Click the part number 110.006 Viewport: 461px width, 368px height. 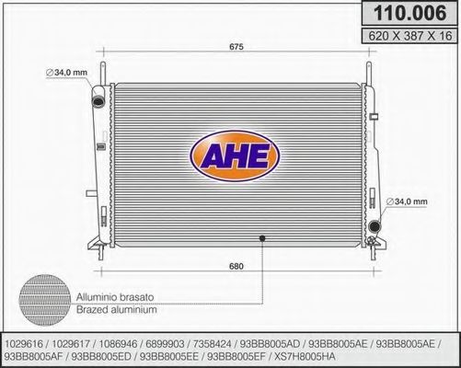coord(409,13)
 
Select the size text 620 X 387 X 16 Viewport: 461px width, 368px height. coord(410,36)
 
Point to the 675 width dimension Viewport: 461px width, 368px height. coord(236,47)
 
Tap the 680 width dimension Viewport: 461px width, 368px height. coord(236,266)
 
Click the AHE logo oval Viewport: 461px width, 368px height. coord(235,156)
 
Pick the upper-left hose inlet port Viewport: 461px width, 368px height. coord(98,101)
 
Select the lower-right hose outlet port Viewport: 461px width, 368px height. coord(375,226)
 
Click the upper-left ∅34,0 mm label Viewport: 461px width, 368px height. coord(66,73)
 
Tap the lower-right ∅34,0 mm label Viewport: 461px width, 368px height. coord(407,201)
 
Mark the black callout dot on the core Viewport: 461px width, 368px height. coord(262,238)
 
